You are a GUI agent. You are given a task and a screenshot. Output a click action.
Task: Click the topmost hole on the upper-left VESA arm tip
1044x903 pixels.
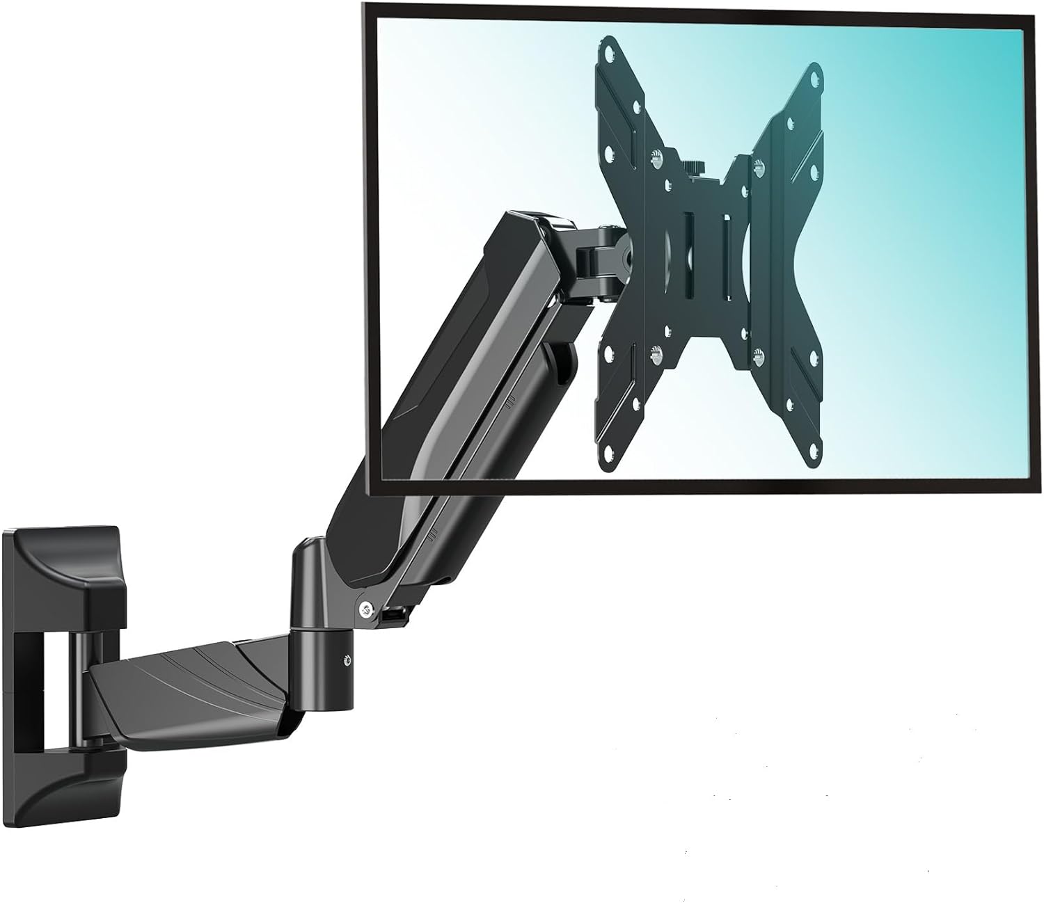tap(610, 50)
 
